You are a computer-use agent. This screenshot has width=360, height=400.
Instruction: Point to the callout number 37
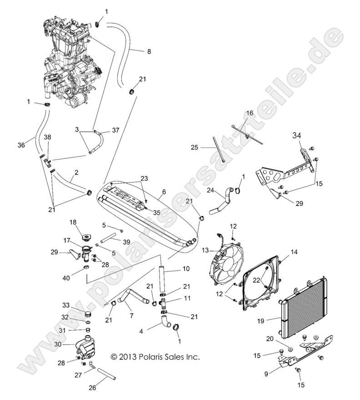(x=115, y=130)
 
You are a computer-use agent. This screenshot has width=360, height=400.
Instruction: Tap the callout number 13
(x=205, y=251)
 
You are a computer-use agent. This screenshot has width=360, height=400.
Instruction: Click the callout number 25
(x=194, y=148)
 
